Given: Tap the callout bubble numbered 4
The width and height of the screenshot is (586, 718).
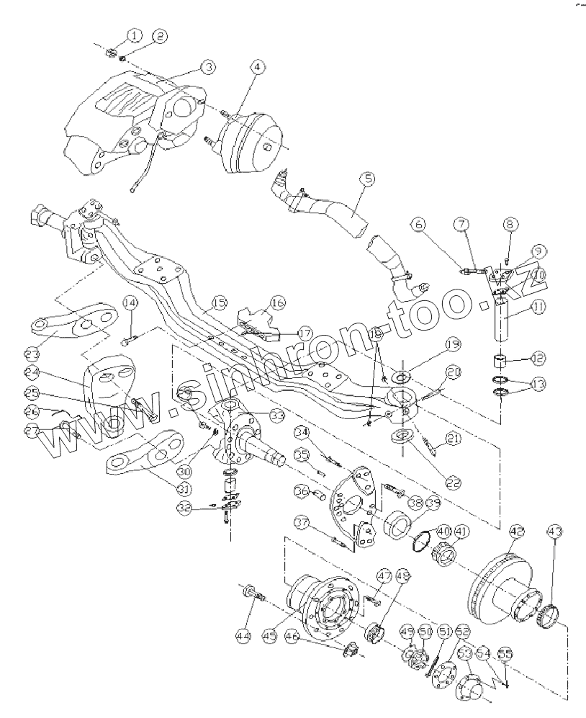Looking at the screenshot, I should (x=257, y=67).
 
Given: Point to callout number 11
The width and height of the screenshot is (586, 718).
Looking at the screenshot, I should (x=538, y=308).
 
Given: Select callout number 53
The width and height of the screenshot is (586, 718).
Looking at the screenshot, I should (x=464, y=653).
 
